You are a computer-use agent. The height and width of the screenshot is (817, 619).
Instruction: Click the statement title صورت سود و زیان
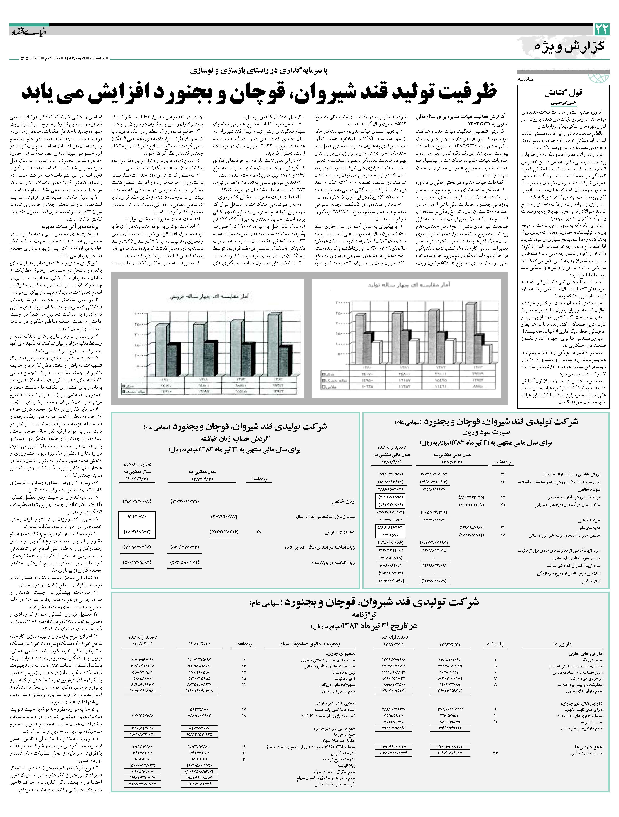(486, 432)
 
